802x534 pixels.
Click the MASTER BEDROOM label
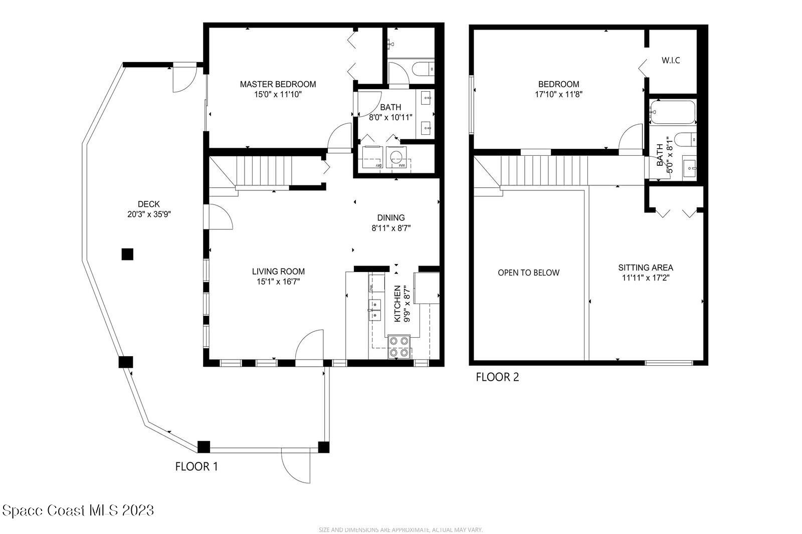(278, 84)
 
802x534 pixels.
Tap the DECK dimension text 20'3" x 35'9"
(149, 214)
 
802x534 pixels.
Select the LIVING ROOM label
(278, 272)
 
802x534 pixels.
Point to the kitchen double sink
(374, 310)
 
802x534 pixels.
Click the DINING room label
(390, 217)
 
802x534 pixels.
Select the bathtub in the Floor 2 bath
(673, 112)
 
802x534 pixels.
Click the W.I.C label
(671, 61)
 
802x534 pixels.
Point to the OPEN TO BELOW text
(528, 273)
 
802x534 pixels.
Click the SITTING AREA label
(645, 268)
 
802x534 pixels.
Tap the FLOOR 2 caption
(497, 377)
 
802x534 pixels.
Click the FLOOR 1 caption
(196, 466)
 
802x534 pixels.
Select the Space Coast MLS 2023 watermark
(78, 510)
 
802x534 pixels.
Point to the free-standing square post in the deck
(127, 254)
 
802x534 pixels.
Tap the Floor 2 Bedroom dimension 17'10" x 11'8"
(558, 94)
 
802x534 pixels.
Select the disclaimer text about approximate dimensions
(400, 529)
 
